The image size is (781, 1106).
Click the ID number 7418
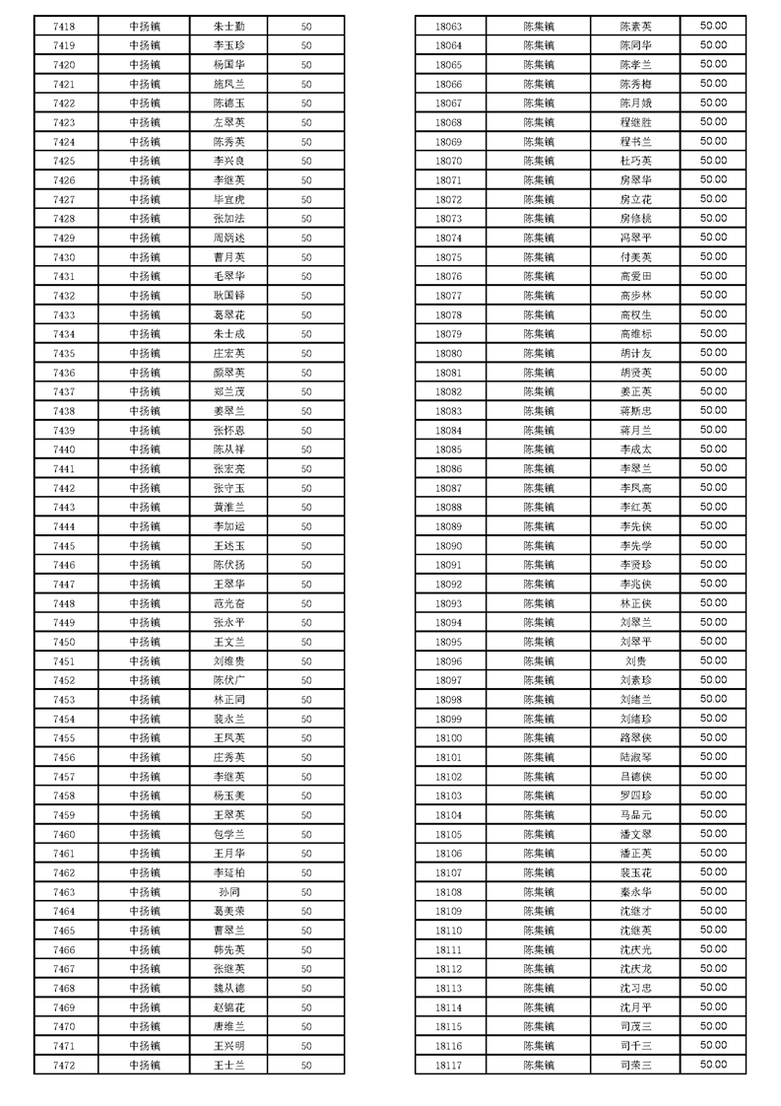64,27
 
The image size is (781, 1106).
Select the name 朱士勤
228,27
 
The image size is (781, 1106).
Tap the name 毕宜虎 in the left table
228,199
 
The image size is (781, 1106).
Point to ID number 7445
64,546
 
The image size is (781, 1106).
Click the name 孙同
228,892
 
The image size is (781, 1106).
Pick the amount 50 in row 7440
306,449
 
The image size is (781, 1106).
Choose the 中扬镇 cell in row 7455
145,738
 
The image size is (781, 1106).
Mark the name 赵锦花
228,1007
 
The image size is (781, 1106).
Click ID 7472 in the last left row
64,1066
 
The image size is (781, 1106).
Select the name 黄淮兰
228,507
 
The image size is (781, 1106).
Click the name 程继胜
635,122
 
